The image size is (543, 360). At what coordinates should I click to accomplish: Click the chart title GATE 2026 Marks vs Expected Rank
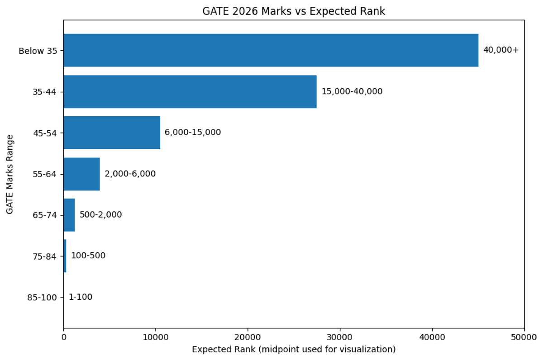(x=294, y=11)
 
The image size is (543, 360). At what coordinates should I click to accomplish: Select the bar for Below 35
(x=271, y=50)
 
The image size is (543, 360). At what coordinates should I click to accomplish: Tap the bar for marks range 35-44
(x=190, y=91)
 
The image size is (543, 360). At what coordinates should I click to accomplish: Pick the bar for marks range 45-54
(x=112, y=133)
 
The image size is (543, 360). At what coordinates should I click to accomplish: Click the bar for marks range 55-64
(x=81, y=174)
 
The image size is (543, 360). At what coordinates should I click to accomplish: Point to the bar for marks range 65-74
(x=69, y=215)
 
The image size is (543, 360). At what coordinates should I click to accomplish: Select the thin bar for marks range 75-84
(x=65, y=256)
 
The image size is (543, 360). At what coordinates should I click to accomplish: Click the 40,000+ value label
(x=501, y=50)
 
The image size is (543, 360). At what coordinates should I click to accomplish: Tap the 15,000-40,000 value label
(x=352, y=91)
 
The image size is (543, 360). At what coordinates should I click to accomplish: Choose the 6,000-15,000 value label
(x=193, y=133)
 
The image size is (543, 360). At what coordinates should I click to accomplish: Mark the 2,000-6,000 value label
(x=130, y=174)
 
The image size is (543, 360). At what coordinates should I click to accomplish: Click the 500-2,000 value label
(x=100, y=215)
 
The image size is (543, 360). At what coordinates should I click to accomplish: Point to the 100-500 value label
(x=88, y=256)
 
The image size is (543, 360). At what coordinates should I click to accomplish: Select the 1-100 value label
(x=80, y=297)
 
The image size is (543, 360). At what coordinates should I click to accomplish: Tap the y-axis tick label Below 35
(x=38, y=51)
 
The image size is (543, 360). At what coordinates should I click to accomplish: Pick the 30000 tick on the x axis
(x=340, y=337)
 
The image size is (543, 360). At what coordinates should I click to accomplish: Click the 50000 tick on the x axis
(x=524, y=337)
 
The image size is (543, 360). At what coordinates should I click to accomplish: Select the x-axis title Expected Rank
(x=294, y=350)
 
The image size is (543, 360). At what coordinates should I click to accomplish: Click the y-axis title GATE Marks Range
(x=10, y=174)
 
